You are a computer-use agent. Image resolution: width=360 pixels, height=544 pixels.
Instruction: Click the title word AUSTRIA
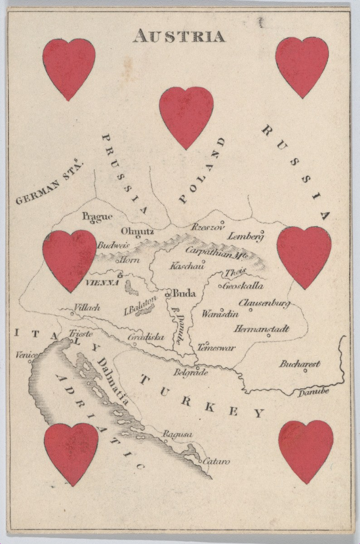(x=179, y=36)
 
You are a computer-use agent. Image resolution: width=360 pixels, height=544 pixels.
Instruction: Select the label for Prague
(x=97, y=217)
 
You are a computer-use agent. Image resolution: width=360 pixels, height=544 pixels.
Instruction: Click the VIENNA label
(x=102, y=283)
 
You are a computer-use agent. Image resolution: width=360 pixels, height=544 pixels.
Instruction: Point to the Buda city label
(x=184, y=293)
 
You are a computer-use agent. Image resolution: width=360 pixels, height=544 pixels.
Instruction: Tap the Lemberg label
(x=246, y=236)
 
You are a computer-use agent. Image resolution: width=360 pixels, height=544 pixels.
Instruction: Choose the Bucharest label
(x=300, y=364)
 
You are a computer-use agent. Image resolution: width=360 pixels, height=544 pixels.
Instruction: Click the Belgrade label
(x=190, y=372)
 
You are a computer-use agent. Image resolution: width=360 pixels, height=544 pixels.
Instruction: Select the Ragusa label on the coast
(x=177, y=434)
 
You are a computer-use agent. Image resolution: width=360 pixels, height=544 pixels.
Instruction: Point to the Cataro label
(x=216, y=461)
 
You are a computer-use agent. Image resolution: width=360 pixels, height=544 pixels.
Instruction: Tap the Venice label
(x=27, y=355)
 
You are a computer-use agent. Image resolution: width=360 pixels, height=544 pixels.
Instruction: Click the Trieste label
(x=81, y=334)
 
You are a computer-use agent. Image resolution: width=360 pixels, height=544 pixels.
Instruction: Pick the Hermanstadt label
(x=261, y=329)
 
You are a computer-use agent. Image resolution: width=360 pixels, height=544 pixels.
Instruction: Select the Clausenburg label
(x=263, y=303)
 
